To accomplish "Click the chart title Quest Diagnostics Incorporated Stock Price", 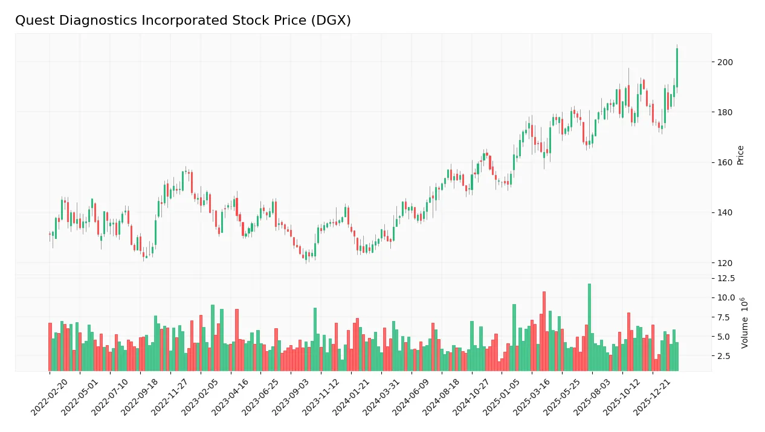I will point(182,21).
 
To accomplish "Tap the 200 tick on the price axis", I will point(725,62).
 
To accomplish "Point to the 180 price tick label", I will point(725,112).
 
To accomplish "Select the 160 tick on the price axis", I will point(725,162).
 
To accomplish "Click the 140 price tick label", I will point(725,212).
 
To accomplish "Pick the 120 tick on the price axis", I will point(725,263).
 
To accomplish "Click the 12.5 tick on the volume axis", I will point(726,278).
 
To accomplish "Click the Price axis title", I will point(741,155).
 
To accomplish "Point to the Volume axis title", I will point(745,322).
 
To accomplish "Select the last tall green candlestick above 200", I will point(677,68).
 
